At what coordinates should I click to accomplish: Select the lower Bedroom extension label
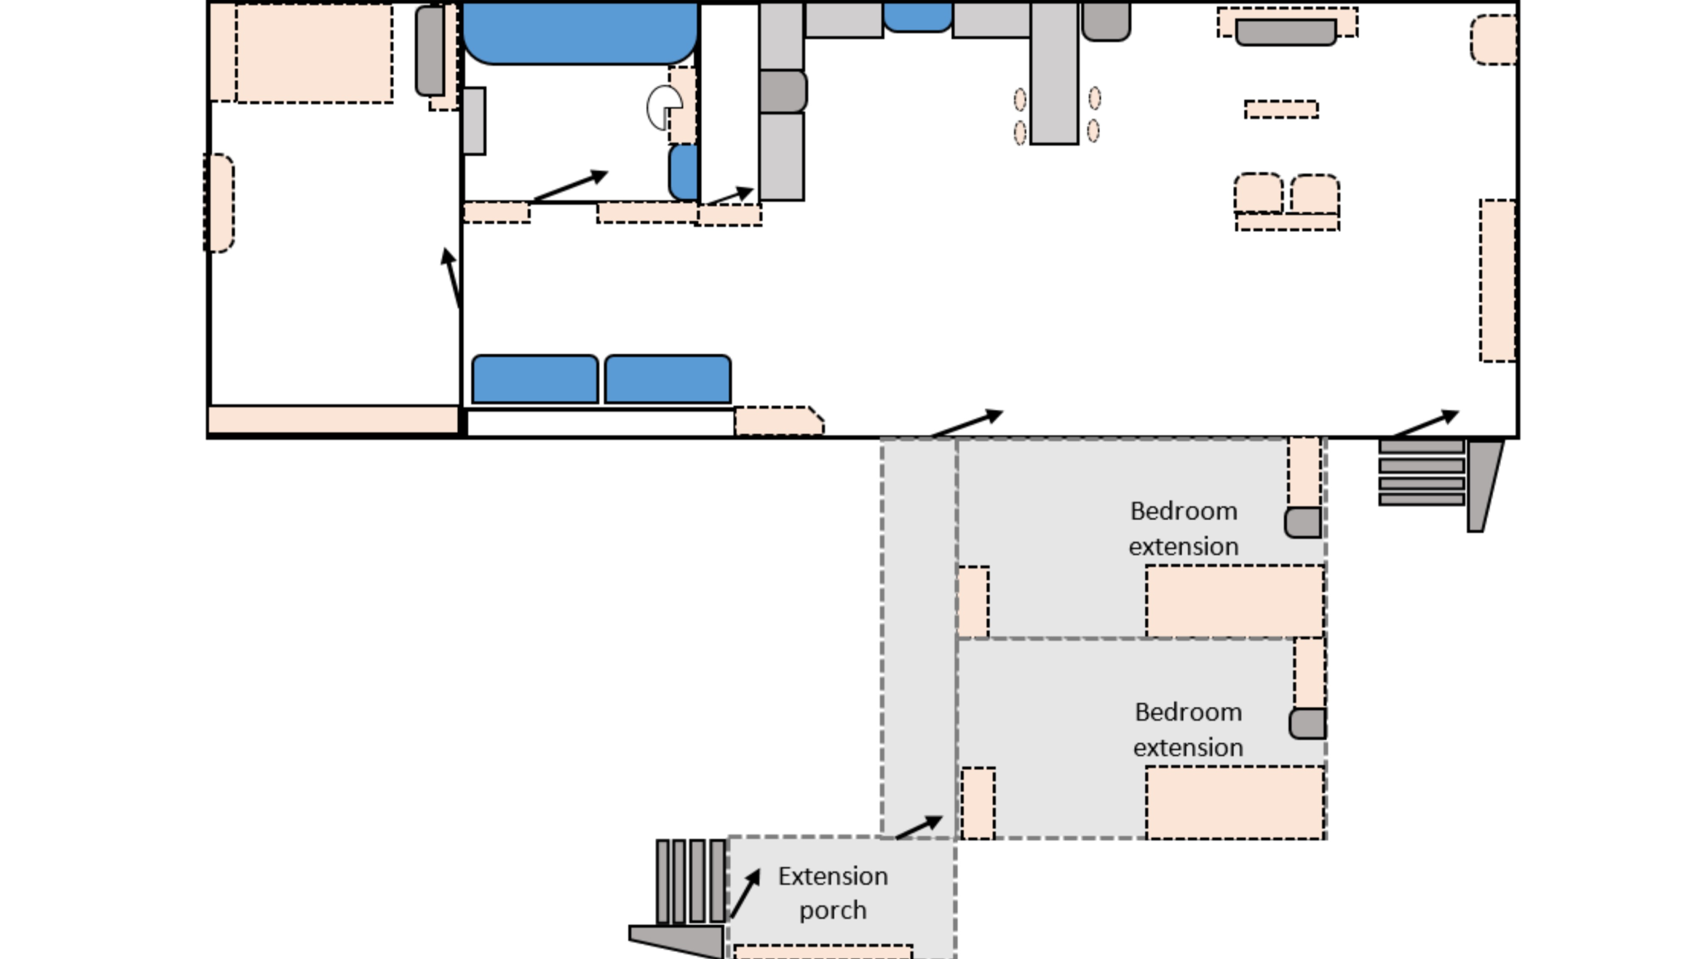[1188, 730]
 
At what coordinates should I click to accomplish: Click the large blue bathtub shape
[580, 33]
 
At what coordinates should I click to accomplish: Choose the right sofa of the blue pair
[667, 379]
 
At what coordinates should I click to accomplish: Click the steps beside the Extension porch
[690, 881]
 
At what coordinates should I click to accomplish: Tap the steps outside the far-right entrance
[1421, 472]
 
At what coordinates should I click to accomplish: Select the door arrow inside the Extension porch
[745, 893]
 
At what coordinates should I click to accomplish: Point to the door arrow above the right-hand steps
[1425, 423]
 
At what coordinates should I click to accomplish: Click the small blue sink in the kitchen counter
[917, 17]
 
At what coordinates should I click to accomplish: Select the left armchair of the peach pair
[1258, 193]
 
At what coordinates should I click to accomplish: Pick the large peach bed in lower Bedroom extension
[1234, 802]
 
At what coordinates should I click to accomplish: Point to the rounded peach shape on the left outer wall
[219, 203]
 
